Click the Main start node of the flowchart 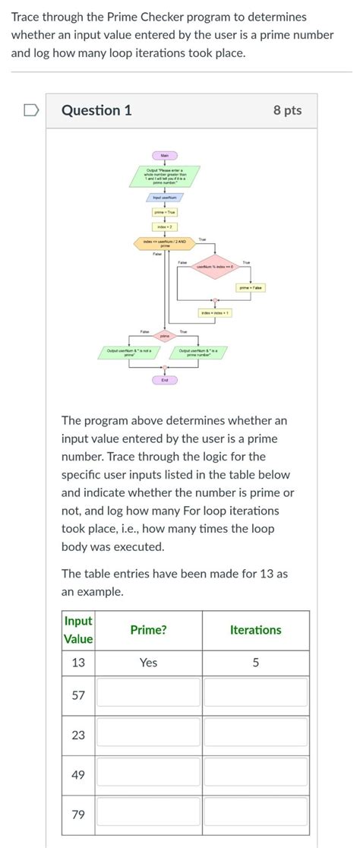pyautogui.click(x=164, y=156)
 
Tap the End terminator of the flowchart pyautogui.click(x=164, y=379)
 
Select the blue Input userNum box pyautogui.click(x=164, y=196)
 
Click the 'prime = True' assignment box pyautogui.click(x=164, y=212)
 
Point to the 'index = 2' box pyautogui.click(x=164, y=226)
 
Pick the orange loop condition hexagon pyautogui.click(x=165, y=244)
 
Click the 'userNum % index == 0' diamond pyautogui.click(x=215, y=267)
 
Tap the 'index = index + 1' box pyautogui.click(x=215, y=312)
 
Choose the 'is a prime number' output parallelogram pyautogui.click(x=198, y=351)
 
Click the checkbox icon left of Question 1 pyautogui.click(x=30, y=111)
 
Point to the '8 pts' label pyautogui.click(x=287, y=111)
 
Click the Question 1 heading pyautogui.click(x=96, y=111)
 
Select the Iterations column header pyautogui.click(x=255, y=630)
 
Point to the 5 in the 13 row pyautogui.click(x=255, y=663)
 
